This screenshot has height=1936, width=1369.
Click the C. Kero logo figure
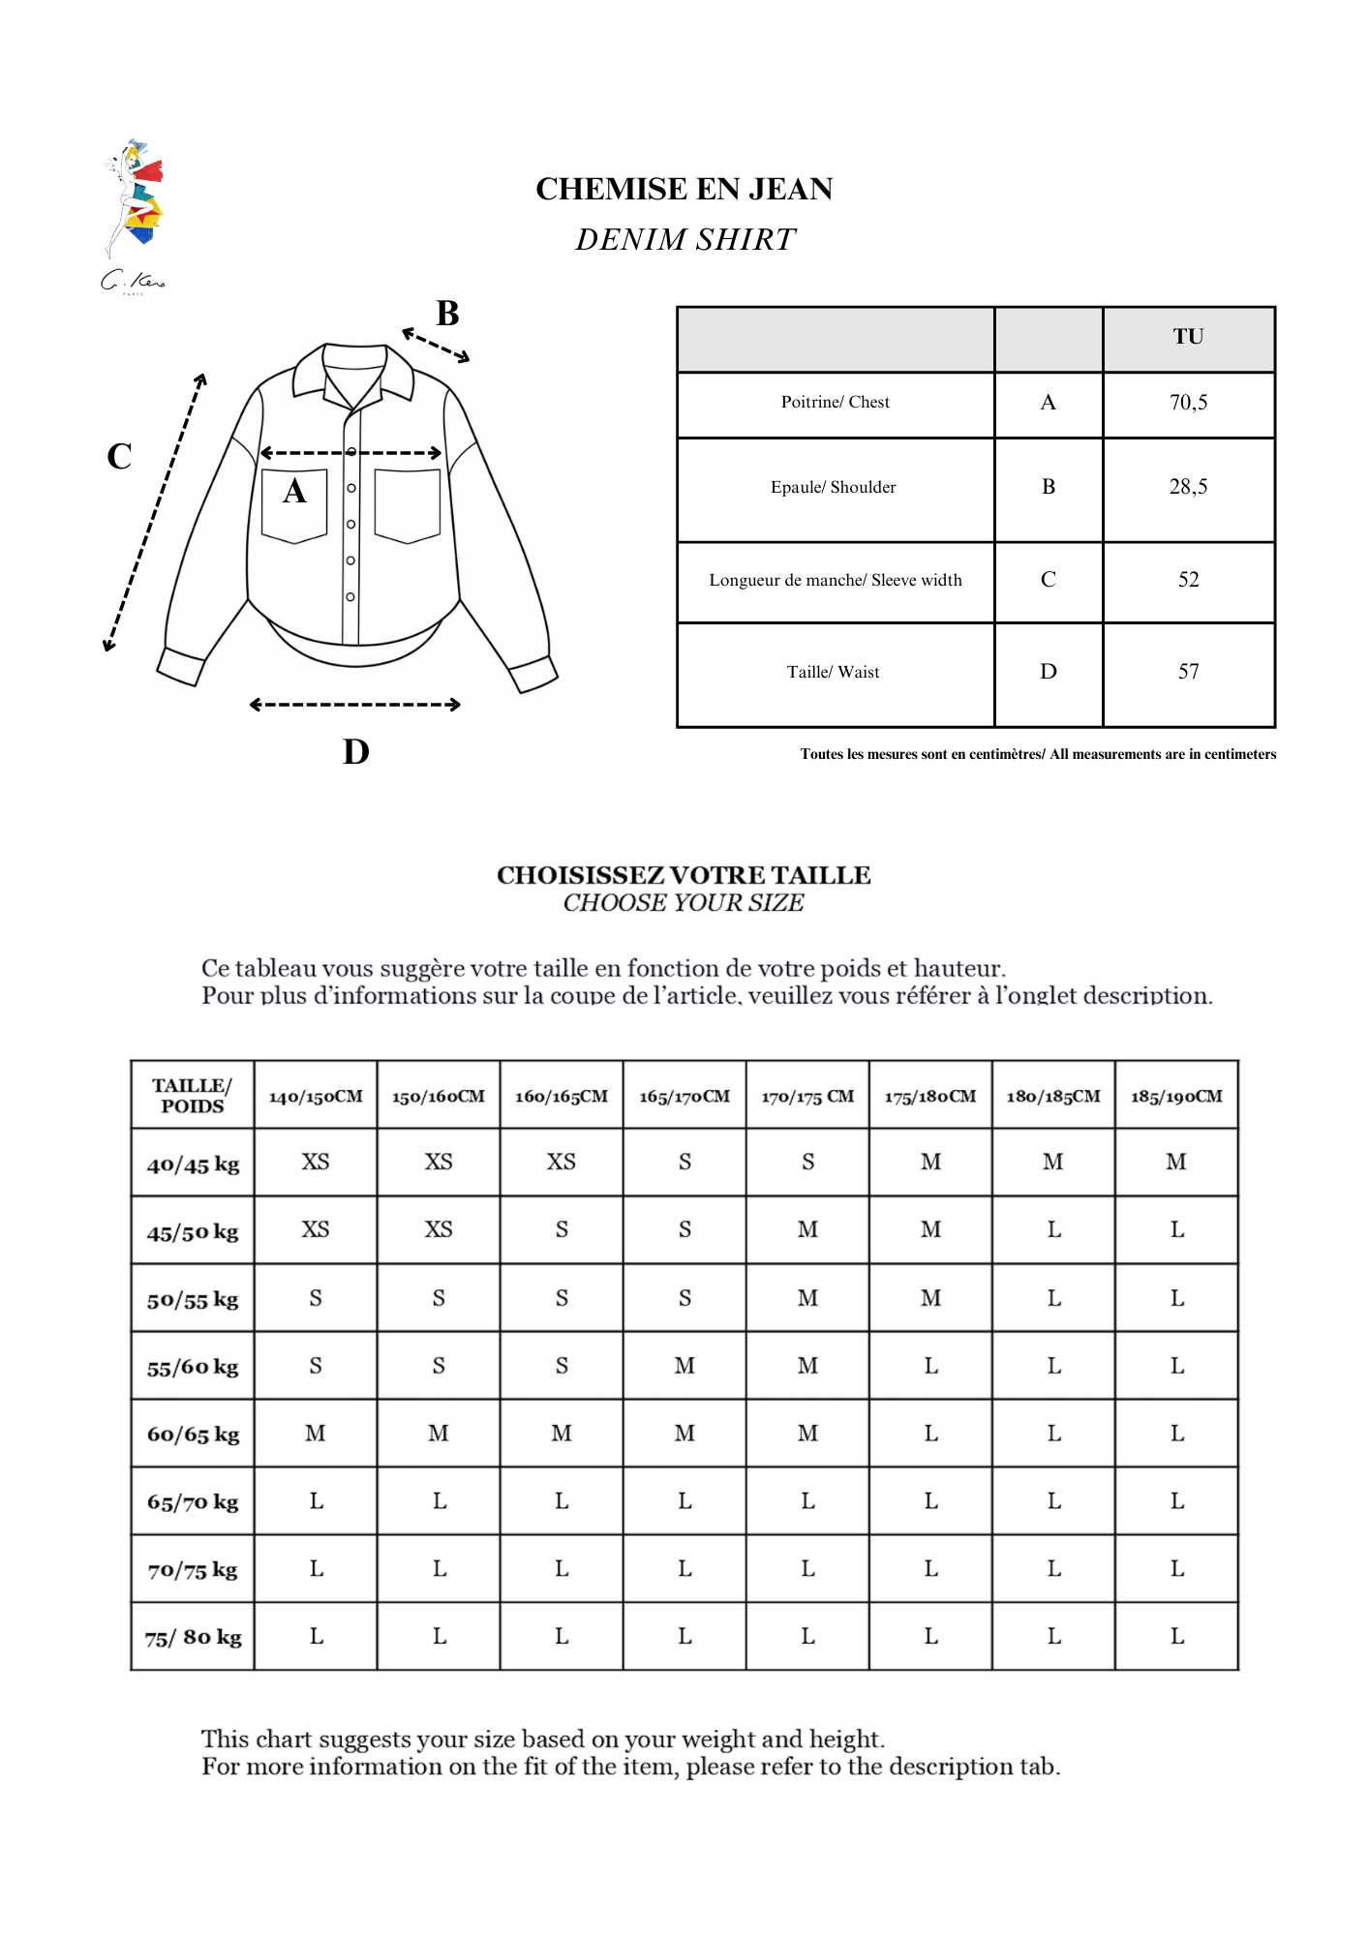[x=135, y=203]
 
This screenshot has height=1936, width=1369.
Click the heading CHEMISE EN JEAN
[x=684, y=189]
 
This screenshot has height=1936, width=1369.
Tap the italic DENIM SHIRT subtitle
[x=684, y=239]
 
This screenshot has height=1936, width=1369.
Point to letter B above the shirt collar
[x=447, y=314]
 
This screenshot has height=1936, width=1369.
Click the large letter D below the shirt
[x=355, y=752]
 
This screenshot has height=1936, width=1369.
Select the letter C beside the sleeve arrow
[x=119, y=456]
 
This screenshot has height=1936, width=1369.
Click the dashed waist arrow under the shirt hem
[x=354, y=705]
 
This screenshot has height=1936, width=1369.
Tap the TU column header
[x=1188, y=337]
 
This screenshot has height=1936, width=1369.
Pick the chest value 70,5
[x=1188, y=403]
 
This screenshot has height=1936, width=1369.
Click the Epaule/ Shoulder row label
[x=834, y=487]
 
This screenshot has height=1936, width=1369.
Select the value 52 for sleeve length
[x=1188, y=580]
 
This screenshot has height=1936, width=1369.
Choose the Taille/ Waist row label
[x=834, y=672]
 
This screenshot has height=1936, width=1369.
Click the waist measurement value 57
[x=1188, y=672]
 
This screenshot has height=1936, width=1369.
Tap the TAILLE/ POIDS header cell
[x=193, y=1096]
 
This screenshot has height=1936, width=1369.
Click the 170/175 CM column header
[x=807, y=1097]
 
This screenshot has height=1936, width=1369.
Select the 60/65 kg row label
[x=193, y=1435]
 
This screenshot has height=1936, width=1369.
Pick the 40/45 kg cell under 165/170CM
[x=684, y=1163]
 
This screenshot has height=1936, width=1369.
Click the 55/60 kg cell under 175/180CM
[x=930, y=1366]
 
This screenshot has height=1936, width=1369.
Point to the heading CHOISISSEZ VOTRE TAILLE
[x=684, y=875]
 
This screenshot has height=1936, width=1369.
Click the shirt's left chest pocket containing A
[x=294, y=505]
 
